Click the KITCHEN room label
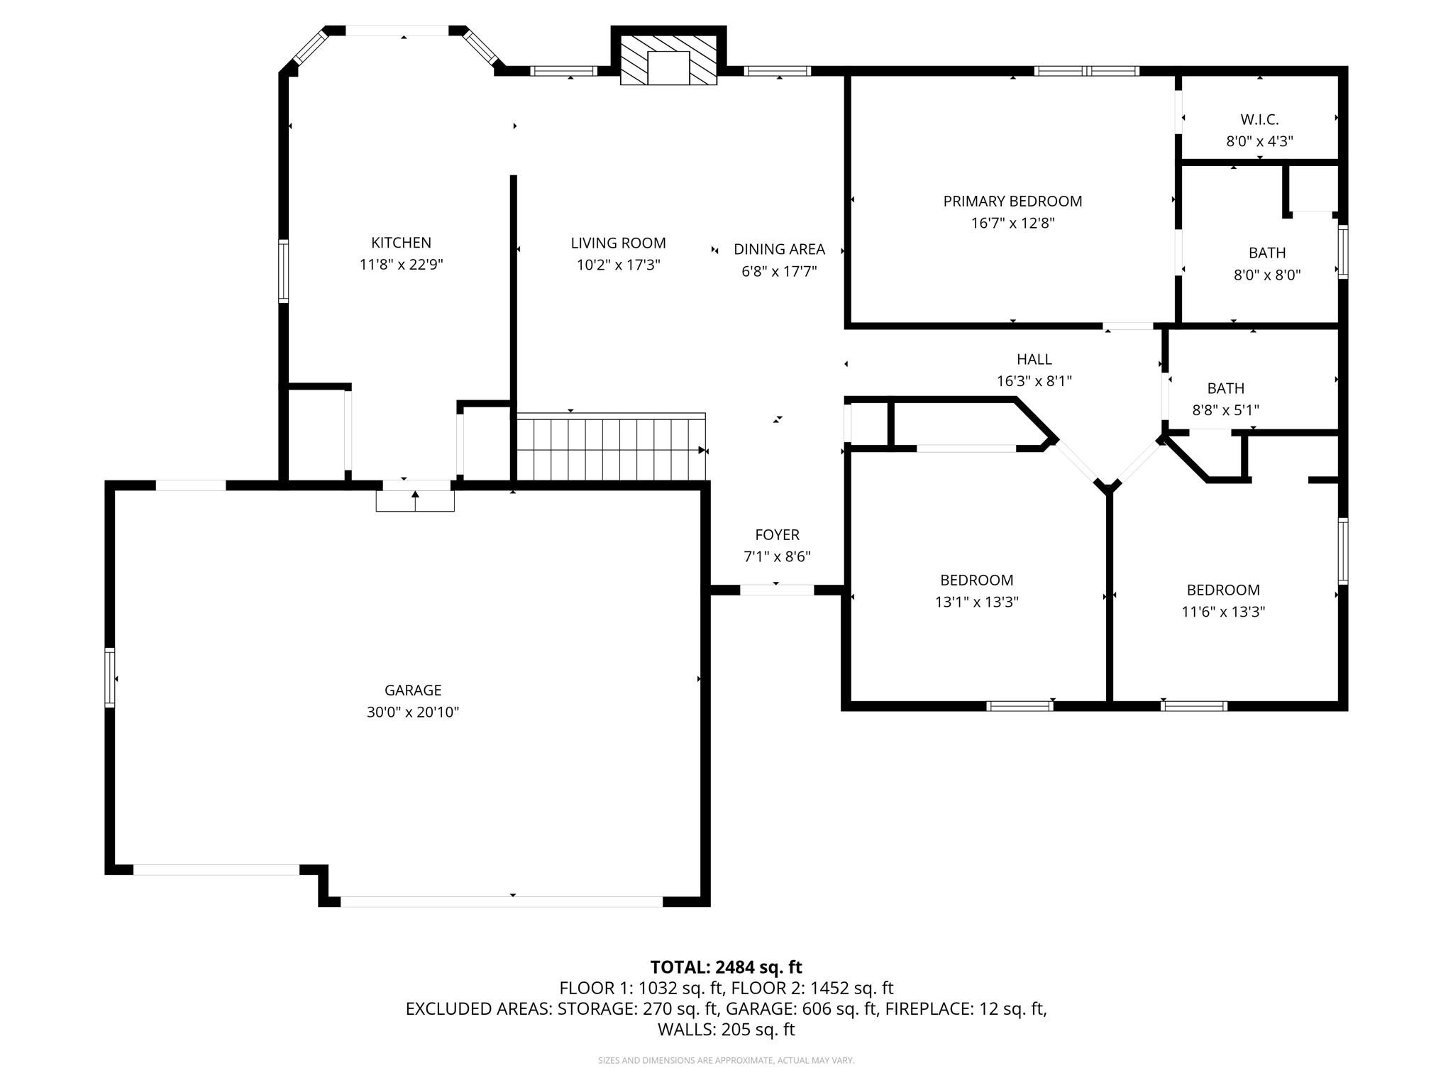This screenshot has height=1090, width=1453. (x=401, y=243)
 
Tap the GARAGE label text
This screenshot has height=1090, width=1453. (x=413, y=690)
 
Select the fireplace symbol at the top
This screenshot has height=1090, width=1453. (x=668, y=60)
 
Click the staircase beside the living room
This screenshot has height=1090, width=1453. (x=611, y=447)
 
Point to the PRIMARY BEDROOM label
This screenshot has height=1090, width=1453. (x=1012, y=202)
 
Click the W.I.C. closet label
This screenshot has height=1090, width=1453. (x=1259, y=119)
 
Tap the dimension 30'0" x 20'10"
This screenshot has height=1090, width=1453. (x=413, y=712)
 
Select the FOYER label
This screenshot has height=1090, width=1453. (x=777, y=535)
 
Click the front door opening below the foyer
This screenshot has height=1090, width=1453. (x=777, y=590)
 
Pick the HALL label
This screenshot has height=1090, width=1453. (x=1034, y=359)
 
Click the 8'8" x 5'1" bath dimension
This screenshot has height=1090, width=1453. (x=1225, y=410)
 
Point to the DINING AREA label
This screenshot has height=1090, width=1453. (x=779, y=249)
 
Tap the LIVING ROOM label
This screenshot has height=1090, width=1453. (x=618, y=243)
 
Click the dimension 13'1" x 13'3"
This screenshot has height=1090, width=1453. (x=976, y=602)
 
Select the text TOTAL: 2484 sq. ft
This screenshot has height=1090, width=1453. (x=726, y=967)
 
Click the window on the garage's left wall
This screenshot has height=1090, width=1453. (x=110, y=677)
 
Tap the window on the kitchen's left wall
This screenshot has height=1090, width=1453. (x=283, y=271)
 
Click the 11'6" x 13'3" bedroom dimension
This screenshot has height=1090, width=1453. (x=1223, y=612)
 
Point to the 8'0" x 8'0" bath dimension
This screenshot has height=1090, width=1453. (x=1267, y=275)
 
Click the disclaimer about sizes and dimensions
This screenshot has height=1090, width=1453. (x=726, y=1061)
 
